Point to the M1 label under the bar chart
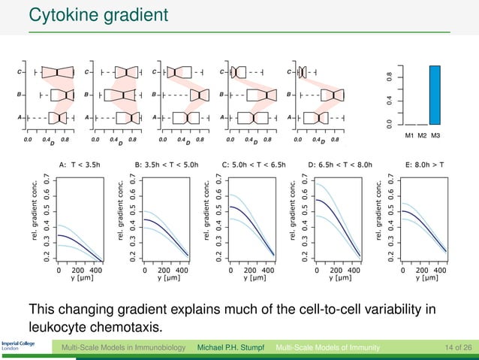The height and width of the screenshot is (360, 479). (x=409, y=135)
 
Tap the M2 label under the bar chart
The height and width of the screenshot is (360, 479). (x=422, y=135)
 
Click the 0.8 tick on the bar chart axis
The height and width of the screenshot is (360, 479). (x=388, y=77)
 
